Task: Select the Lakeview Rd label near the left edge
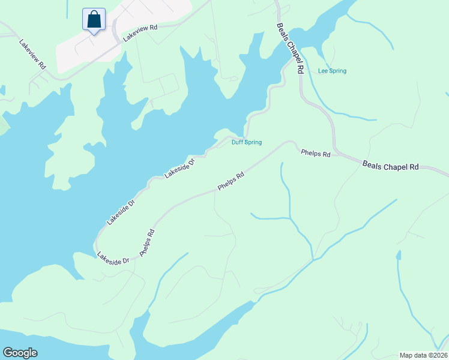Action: pyautogui.click(x=32, y=55)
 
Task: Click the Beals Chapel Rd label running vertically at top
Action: pyautogui.click(x=291, y=48)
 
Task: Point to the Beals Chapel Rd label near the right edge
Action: pyautogui.click(x=390, y=166)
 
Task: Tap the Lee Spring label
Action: pyautogui.click(x=332, y=71)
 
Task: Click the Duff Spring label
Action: pyautogui.click(x=247, y=142)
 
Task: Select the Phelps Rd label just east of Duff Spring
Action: pyautogui.click(x=315, y=154)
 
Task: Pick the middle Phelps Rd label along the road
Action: pyautogui.click(x=231, y=181)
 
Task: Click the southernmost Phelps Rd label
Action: pyautogui.click(x=147, y=243)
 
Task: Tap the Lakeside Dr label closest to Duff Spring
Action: pyautogui.click(x=180, y=169)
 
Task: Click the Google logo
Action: pyautogui.click(x=20, y=353)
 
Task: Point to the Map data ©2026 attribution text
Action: pyautogui.click(x=423, y=355)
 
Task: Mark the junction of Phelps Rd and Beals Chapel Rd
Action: pyautogui.click(x=335, y=153)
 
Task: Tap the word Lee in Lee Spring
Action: pyautogui.click(x=322, y=71)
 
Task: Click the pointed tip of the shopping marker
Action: pyautogui.click(x=94, y=34)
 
